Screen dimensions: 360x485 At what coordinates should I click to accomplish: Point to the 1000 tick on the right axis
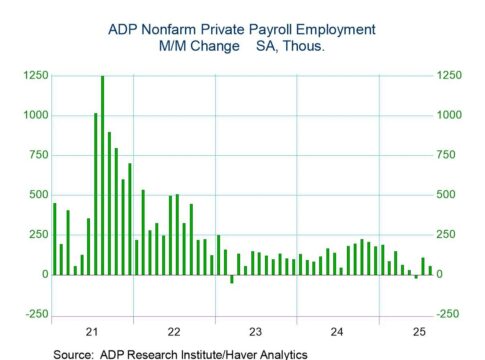(x=449, y=115)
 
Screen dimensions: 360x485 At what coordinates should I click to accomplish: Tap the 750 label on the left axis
(x=37, y=155)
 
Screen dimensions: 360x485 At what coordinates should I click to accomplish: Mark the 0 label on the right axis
(x=440, y=274)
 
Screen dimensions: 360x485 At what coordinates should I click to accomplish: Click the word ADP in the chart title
(x=123, y=29)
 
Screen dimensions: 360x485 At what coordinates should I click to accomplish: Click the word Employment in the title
(x=334, y=29)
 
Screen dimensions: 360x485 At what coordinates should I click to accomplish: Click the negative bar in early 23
(x=232, y=278)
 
